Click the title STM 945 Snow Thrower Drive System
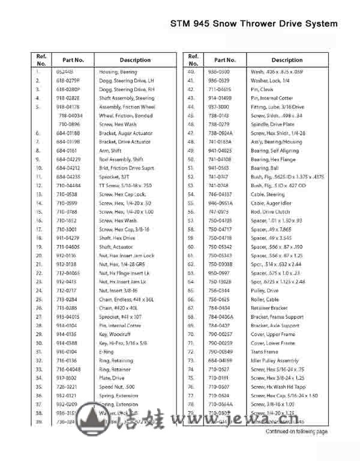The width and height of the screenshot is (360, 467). coord(254,24)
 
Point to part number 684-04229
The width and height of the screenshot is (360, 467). coord(68,159)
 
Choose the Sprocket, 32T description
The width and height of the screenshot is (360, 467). coord(113,177)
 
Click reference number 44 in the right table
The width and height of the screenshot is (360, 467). coord(191,106)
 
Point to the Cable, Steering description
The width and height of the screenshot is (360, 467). coord(268,194)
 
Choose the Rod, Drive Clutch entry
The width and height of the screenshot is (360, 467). coord(271,212)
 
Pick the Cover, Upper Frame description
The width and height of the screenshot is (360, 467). coord(272,334)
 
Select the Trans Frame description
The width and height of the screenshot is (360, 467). coord(264,351)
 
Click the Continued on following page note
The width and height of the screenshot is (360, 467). coord(297,431)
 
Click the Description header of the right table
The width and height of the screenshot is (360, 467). coord(287,60)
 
